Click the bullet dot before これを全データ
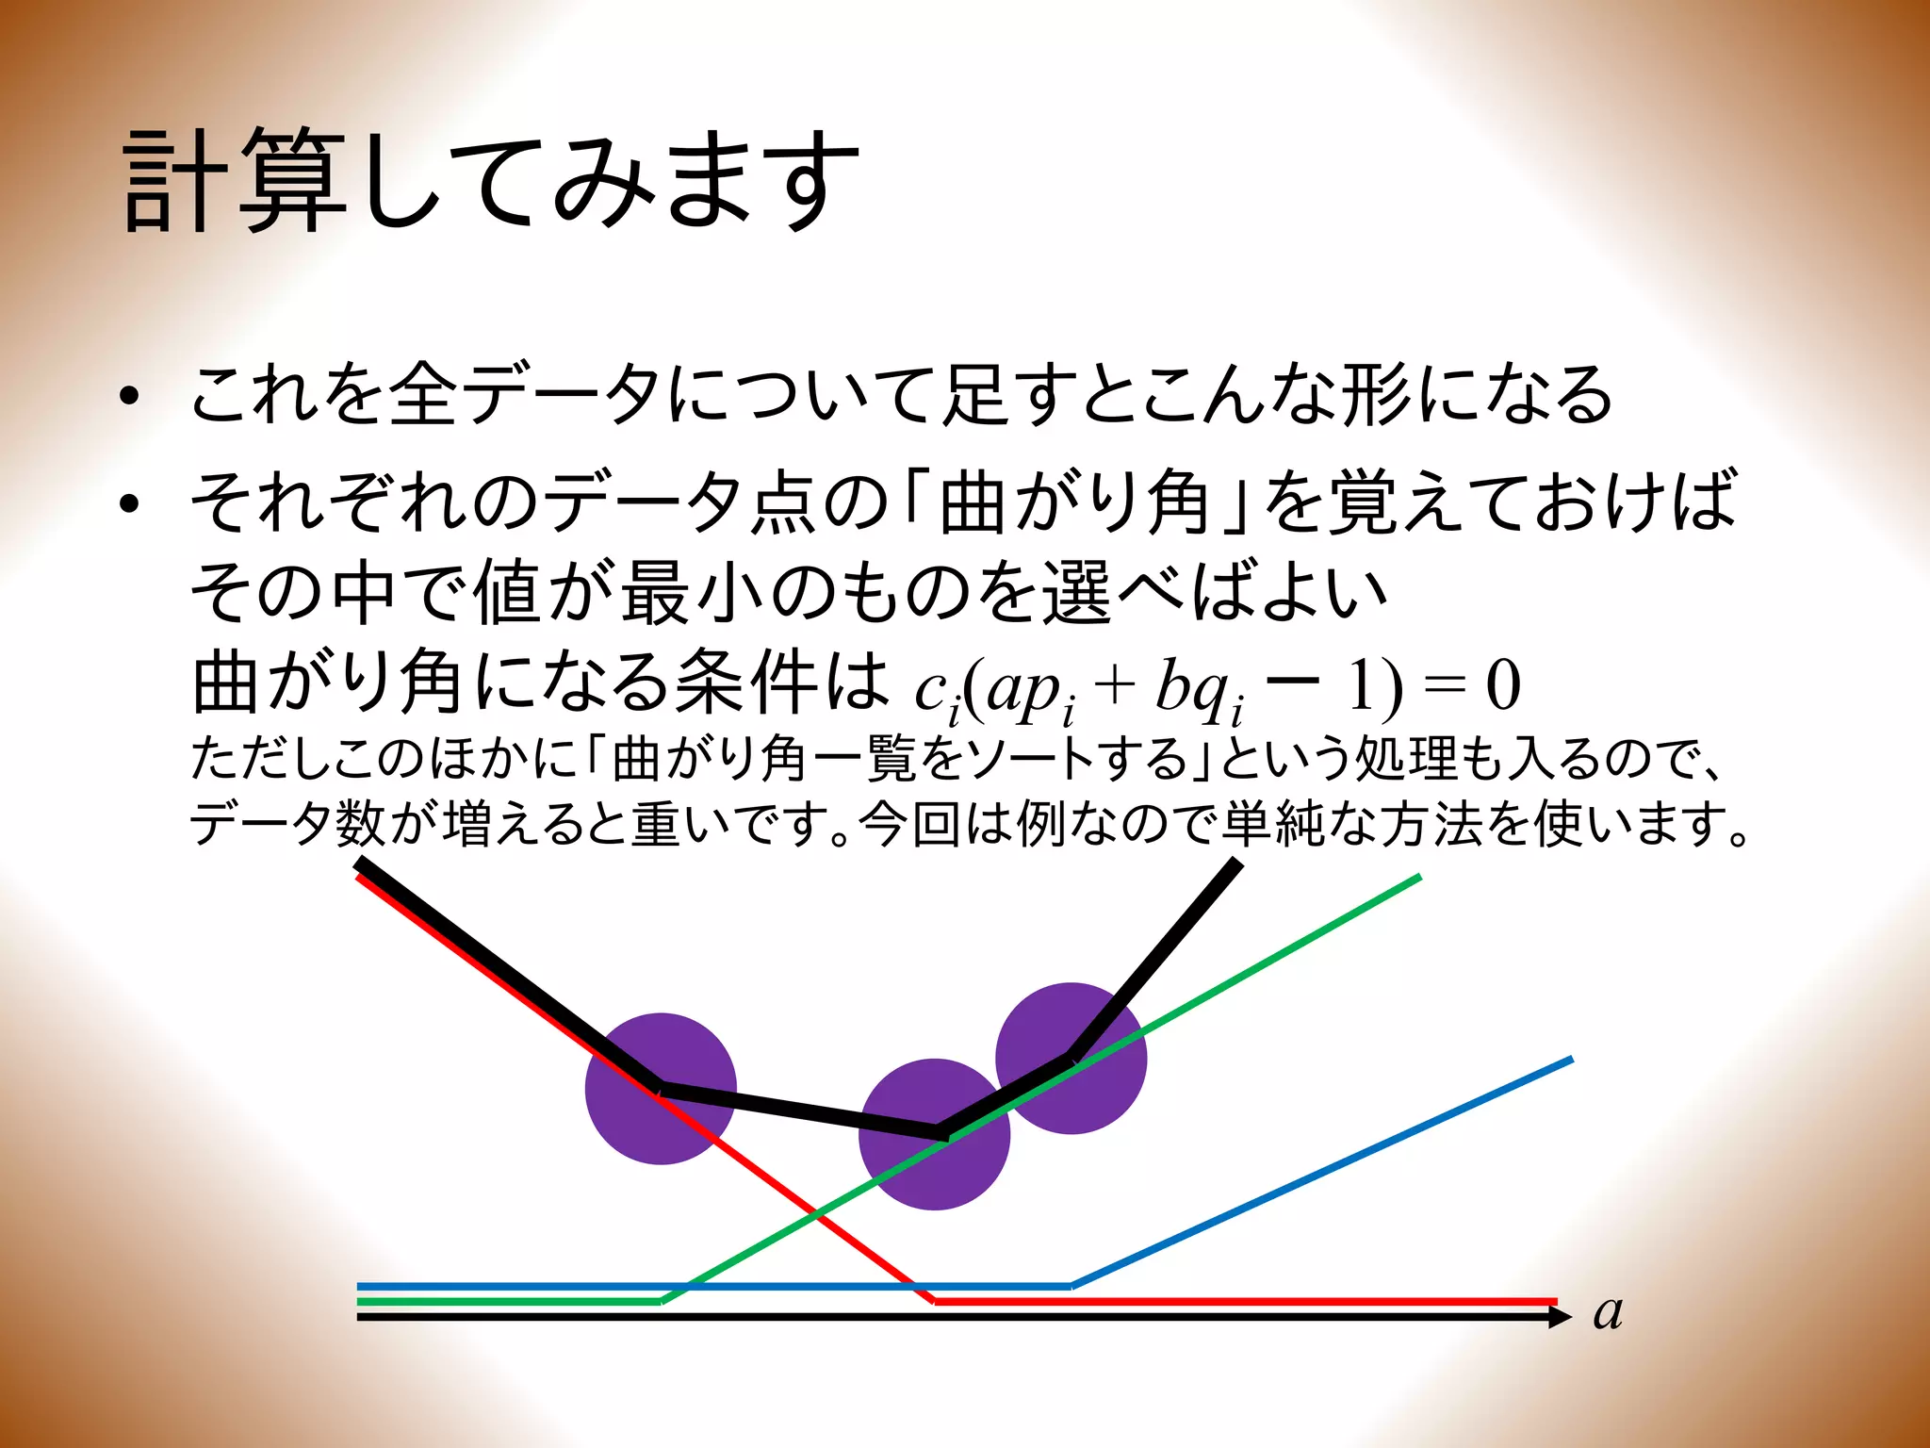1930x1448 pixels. coord(130,397)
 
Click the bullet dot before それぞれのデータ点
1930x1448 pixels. coord(130,504)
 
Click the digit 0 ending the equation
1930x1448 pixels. coord(1503,685)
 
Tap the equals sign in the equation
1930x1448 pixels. coord(1442,687)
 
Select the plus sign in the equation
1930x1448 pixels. coord(1114,686)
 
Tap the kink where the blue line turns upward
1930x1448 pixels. coord(1071,1285)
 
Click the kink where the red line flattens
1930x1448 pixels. coord(933,1301)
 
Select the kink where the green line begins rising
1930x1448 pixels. coord(661,1301)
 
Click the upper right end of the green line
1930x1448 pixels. coord(1418,878)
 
